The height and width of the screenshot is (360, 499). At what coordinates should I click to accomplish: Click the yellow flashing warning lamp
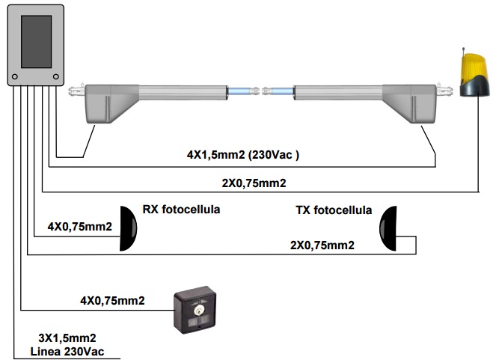point(476,75)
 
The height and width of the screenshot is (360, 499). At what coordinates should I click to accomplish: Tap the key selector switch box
point(197,311)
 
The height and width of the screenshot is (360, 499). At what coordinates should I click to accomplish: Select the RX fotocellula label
point(181,210)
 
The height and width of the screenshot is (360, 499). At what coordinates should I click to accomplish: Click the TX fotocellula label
point(334,210)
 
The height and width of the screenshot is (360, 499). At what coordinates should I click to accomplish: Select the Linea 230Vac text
point(66,351)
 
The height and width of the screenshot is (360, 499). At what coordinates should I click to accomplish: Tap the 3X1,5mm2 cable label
point(66,338)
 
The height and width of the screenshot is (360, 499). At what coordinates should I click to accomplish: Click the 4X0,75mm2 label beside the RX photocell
point(79,226)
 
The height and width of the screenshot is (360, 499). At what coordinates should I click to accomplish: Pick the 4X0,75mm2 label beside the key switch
point(112,301)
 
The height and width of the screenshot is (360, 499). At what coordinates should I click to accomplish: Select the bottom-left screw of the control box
point(16,77)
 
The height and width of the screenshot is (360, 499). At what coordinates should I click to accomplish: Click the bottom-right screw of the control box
point(55,77)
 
